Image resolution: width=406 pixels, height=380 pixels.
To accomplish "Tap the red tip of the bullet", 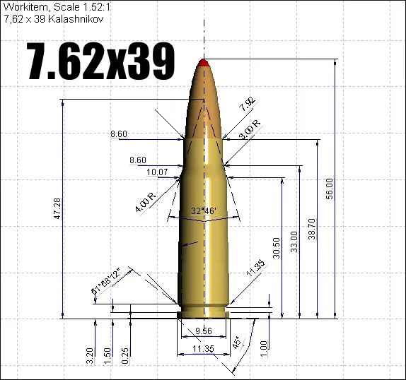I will click(204, 64).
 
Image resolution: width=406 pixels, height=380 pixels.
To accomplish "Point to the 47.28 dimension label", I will click(57, 210).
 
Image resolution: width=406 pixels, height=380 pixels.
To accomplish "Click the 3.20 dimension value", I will click(90, 355).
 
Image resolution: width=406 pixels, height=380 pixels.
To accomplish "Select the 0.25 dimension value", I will click(125, 355).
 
